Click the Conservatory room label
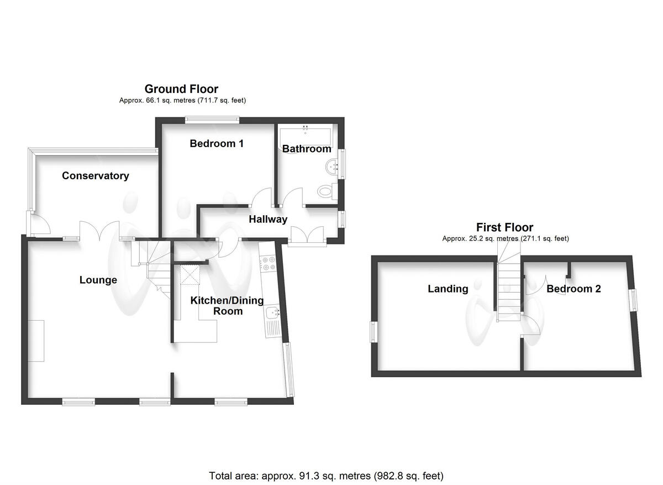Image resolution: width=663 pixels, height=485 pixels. tap(95, 176)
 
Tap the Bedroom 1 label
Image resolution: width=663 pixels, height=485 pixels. tap(217, 144)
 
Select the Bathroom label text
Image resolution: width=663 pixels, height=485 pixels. tap(307, 149)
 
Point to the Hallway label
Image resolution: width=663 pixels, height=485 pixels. tap(268, 220)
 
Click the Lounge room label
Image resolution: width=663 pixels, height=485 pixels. tap(98, 280)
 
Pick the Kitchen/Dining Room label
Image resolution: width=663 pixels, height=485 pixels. tap(227, 306)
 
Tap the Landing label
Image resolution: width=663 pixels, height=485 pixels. tap(448, 289)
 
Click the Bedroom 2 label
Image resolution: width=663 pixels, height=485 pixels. tap(573, 289)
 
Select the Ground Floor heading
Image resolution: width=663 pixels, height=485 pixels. tap(181, 89)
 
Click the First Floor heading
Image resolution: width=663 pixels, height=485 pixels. tap(505, 227)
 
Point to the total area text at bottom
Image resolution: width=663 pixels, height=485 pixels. tap(326, 476)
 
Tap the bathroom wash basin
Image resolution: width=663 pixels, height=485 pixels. tap(332, 166)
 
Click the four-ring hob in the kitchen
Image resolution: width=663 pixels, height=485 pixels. tap(270, 264)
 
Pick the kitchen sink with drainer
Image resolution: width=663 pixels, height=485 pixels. tap(273, 321)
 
